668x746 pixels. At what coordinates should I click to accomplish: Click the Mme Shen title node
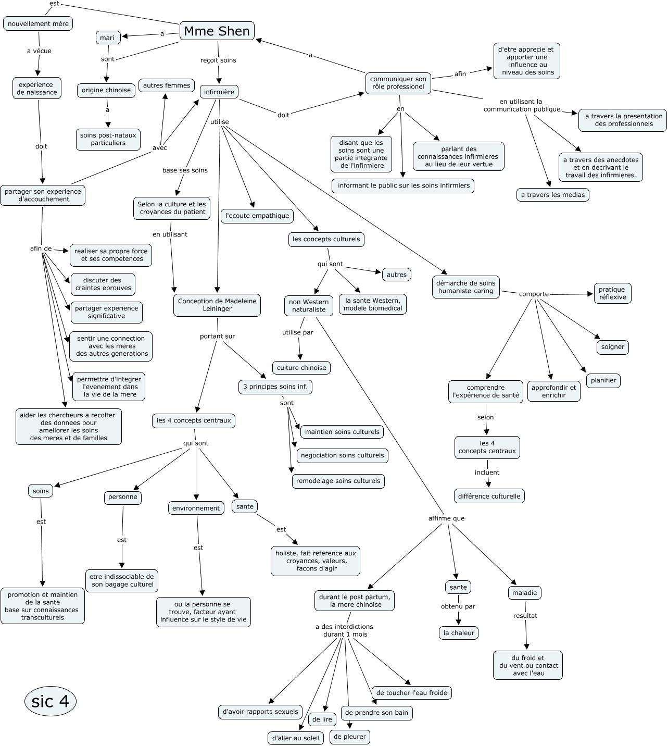point(217,31)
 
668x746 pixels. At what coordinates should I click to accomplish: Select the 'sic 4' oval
point(51,701)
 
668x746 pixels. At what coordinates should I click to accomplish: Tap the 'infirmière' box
point(219,92)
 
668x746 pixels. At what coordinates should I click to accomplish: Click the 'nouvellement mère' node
point(38,23)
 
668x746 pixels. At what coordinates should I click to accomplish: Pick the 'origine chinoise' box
point(106,90)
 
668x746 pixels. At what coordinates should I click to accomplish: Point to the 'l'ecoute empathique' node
point(257,216)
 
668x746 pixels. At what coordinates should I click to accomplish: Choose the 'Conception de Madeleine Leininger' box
point(217,305)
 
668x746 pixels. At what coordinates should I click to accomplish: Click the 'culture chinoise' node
point(301,368)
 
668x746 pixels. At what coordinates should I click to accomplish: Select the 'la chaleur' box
point(459,633)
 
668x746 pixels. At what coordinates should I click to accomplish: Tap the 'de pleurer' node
point(350,737)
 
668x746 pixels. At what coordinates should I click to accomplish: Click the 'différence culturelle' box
point(489,496)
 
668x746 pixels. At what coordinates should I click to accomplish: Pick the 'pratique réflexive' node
point(612,293)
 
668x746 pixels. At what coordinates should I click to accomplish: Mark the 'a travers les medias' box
point(552,195)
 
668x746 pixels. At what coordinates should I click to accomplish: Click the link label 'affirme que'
point(446,518)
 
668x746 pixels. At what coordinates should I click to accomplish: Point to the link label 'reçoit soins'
point(218,60)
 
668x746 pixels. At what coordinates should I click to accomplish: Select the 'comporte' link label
point(534,294)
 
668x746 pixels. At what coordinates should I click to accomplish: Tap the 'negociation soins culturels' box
point(342,455)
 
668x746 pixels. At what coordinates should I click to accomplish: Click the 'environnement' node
point(196,508)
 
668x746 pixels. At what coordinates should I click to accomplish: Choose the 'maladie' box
point(524,593)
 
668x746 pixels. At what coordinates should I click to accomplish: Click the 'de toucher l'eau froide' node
point(411,693)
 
